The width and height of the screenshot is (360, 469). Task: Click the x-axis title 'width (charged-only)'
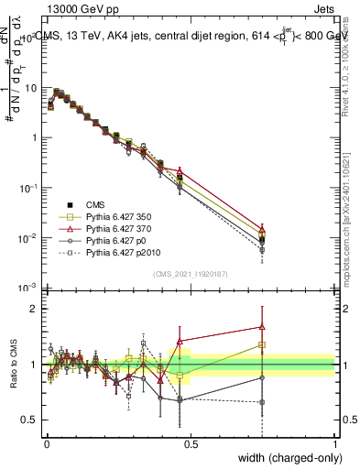click(x=285, y=459)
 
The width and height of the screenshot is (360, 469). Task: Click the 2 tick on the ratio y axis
click(x=34, y=309)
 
